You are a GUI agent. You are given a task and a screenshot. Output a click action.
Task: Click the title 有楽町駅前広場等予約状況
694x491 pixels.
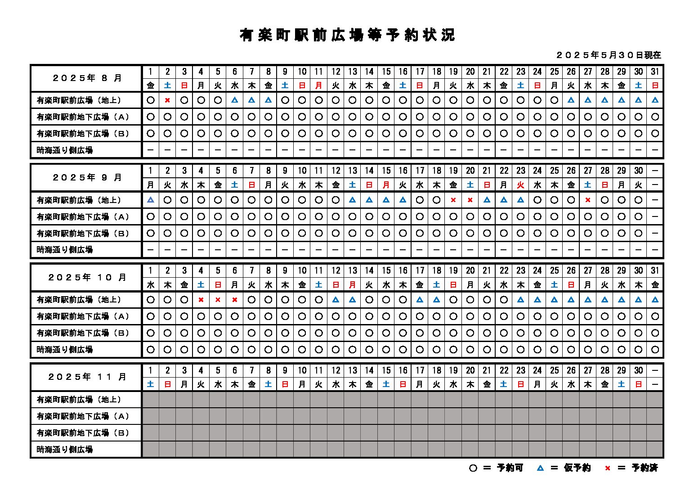(347, 35)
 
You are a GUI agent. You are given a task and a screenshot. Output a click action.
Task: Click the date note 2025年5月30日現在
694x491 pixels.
(609, 55)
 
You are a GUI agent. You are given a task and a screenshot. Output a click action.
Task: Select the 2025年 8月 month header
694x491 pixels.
(87, 78)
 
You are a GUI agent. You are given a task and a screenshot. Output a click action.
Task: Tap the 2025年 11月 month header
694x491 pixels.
(87, 377)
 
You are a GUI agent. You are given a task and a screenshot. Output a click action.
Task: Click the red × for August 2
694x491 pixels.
(167, 100)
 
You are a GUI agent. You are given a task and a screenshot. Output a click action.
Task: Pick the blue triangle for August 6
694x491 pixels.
(235, 100)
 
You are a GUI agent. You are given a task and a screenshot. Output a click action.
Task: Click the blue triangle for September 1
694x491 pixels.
(151, 200)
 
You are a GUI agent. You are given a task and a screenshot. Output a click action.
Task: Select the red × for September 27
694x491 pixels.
(588, 200)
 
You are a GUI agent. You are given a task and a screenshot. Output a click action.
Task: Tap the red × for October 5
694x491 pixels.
(218, 300)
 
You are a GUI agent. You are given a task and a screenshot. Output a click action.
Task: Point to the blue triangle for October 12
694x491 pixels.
(336, 300)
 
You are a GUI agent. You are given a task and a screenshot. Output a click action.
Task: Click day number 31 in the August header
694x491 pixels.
(655, 71)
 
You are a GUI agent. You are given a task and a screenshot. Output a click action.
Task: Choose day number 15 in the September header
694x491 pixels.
(386, 171)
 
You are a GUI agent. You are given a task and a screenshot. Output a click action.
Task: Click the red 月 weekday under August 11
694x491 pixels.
(319, 85)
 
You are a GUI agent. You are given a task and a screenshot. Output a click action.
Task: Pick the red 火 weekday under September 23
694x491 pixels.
(520, 185)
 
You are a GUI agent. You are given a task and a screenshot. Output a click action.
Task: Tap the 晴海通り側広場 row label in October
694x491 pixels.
(65, 350)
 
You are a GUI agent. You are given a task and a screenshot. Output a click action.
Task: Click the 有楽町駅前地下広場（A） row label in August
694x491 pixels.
(83, 117)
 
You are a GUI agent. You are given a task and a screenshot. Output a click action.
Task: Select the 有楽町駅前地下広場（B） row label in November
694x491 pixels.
(83, 433)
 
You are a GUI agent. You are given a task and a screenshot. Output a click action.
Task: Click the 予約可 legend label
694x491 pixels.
(510, 468)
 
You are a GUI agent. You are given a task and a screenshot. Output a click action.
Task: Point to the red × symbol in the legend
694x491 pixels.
(607, 468)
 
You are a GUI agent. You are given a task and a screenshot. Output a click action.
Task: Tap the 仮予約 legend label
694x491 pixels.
(577, 468)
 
